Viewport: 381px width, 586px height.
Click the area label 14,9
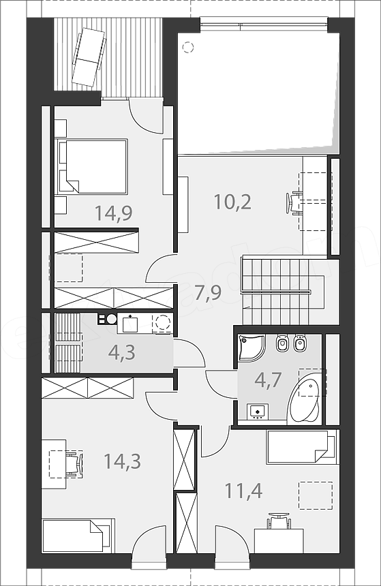[114, 213]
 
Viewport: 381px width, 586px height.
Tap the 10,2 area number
[232, 202]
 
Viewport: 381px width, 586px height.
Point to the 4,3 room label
[121, 352]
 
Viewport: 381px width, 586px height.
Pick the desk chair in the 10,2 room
[294, 203]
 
